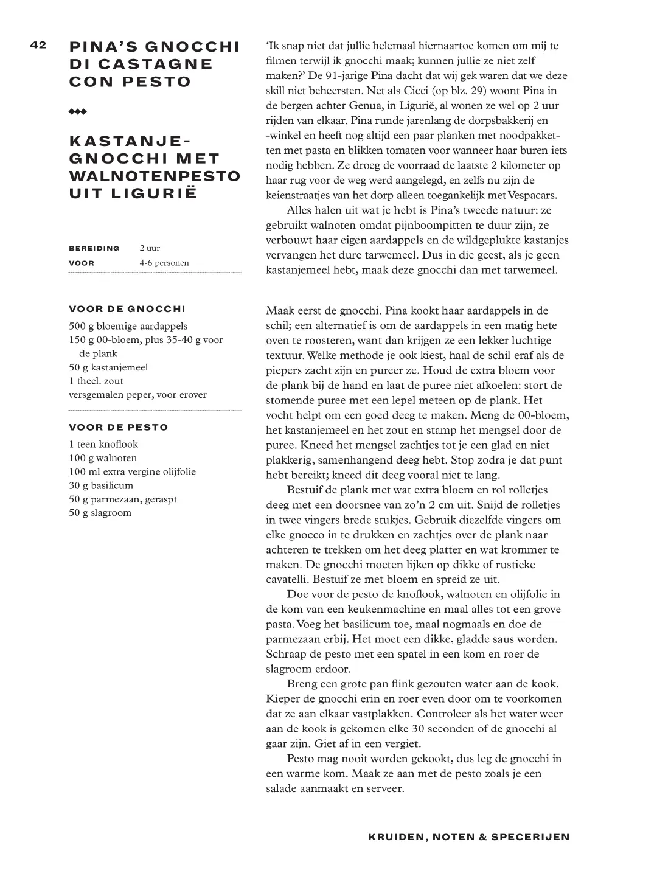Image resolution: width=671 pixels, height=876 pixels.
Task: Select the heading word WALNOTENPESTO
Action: [155, 176]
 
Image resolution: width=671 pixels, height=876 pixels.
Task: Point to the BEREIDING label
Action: [94, 248]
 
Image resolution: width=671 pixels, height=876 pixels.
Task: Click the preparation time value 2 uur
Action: [150, 248]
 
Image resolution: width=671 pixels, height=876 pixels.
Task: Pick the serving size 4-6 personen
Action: [164, 263]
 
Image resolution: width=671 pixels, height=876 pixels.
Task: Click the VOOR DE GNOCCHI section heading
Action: [127, 309]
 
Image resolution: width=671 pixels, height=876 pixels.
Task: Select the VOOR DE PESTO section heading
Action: [119, 427]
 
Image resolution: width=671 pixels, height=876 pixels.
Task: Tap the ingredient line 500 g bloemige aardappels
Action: [128, 326]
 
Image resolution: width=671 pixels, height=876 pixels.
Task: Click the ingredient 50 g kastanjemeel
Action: [109, 367]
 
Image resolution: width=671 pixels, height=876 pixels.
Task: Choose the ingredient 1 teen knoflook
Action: [104, 444]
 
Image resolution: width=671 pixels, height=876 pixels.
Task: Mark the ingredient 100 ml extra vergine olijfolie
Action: [133, 472]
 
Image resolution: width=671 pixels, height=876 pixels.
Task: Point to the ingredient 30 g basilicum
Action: [102, 485]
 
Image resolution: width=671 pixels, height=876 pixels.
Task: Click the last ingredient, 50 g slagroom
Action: [100, 513]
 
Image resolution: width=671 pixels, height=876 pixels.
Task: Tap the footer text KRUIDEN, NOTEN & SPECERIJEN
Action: [469, 837]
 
